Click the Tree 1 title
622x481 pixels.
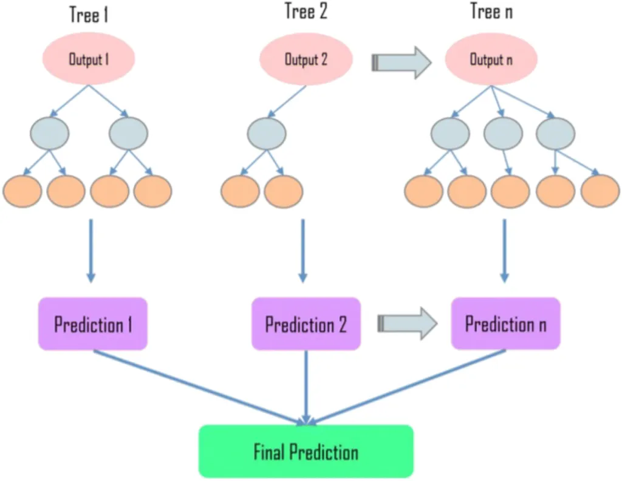click(89, 15)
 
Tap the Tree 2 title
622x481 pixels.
click(306, 11)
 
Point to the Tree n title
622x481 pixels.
click(491, 11)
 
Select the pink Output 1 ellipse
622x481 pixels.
click(89, 59)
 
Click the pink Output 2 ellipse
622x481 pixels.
click(306, 60)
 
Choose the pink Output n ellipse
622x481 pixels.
click(491, 60)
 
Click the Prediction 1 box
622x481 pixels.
click(93, 324)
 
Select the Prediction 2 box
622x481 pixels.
click(306, 324)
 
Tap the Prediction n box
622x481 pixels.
click(506, 324)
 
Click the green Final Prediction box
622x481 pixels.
click(306, 451)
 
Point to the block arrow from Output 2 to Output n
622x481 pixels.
click(402, 63)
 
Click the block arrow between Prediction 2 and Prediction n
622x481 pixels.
click(408, 324)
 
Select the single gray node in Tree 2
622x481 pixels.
click(267, 134)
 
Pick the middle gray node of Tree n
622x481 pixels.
click(504, 134)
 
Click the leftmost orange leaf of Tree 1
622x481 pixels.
click(22, 191)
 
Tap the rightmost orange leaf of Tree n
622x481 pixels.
click(601, 191)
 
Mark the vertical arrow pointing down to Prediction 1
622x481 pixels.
click(91, 251)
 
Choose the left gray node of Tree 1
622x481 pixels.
click(50, 134)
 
